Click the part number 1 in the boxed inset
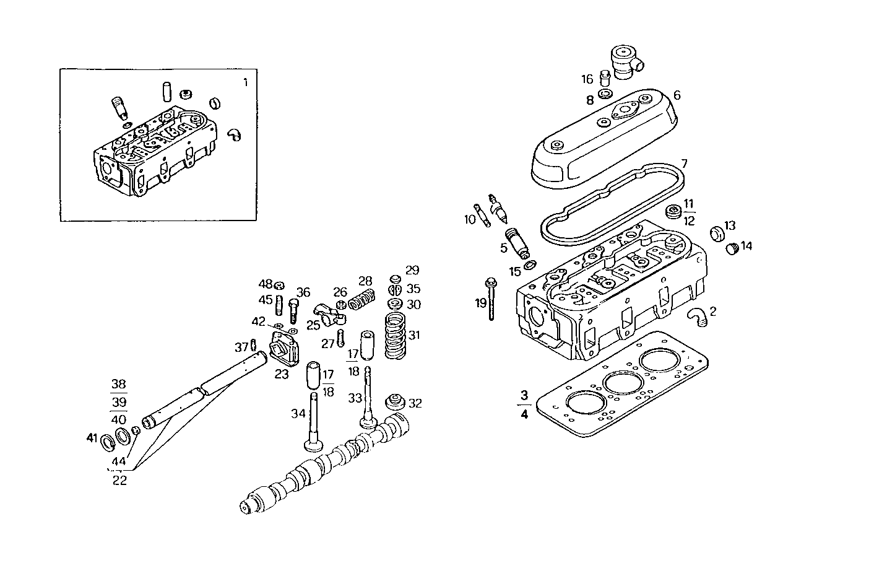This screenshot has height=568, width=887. (x=245, y=82)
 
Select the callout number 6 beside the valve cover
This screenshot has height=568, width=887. (x=677, y=95)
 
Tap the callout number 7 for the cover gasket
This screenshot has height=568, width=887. (x=683, y=164)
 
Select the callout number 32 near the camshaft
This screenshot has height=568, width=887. (x=415, y=403)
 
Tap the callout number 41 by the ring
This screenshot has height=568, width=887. (x=92, y=439)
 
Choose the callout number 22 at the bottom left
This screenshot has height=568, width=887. (x=119, y=480)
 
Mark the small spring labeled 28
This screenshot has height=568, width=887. (x=362, y=301)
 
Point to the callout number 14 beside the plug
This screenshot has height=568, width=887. (x=746, y=246)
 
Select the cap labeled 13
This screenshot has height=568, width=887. (x=716, y=233)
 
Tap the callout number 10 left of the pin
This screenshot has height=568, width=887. (x=470, y=219)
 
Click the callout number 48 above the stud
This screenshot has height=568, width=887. (x=266, y=284)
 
